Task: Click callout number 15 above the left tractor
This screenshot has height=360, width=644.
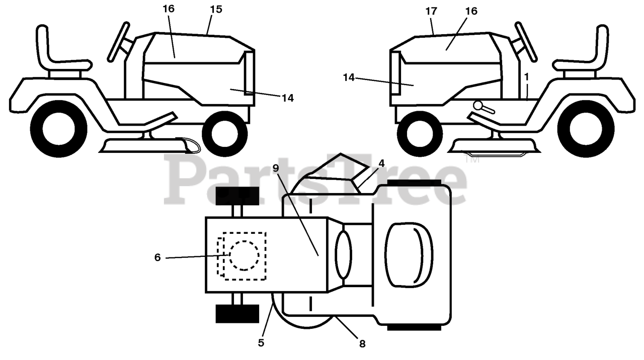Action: [x=215, y=10]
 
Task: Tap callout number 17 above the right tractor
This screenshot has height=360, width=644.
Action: [x=431, y=11]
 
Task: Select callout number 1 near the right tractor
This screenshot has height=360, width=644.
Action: [x=526, y=76]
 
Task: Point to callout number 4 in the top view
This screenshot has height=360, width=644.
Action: [x=381, y=163]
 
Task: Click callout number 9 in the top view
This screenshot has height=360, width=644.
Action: [x=275, y=168]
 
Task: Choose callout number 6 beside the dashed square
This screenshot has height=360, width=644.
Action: [x=157, y=257]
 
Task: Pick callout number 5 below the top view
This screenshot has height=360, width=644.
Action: [x=261, y=343]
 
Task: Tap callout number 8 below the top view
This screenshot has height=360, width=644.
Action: [x=362, y=344]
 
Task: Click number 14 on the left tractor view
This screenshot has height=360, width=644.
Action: [x=287, y=98]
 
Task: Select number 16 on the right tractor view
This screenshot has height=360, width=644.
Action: [x=471, y=11]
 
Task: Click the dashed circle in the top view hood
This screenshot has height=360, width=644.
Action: [x=244, y=255]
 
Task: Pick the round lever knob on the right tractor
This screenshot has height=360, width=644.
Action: [x=478, y=106]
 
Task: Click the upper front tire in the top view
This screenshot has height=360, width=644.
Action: [x=237, y=196]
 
